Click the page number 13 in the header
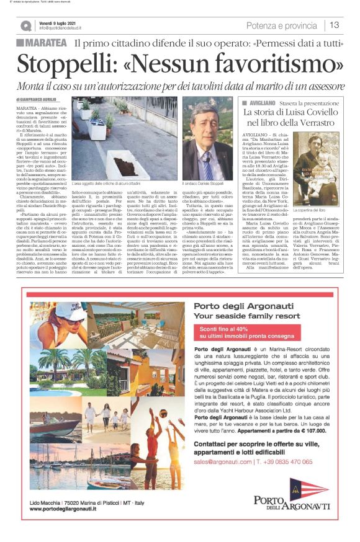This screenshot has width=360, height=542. [335, 25]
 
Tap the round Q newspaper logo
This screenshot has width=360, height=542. [25, 25]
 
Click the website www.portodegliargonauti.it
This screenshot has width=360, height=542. [63, 510]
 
